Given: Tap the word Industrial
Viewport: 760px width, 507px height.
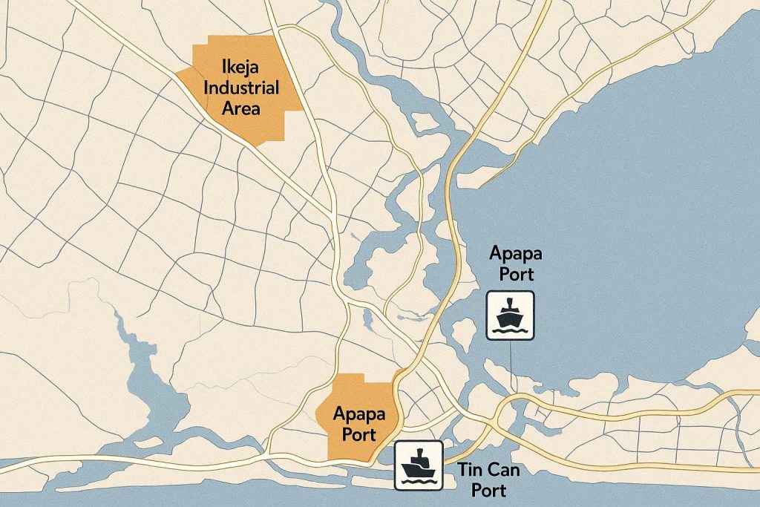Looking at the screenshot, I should (x=241, y=89).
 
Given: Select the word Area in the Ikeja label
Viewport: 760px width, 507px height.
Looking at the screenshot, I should (x=241, y=108).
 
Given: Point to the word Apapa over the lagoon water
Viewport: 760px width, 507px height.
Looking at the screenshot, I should (x=516, y=254).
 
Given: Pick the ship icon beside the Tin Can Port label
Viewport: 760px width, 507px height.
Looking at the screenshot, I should (x=418, y=465).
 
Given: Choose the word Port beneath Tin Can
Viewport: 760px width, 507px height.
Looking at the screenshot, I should (x=488, y=491).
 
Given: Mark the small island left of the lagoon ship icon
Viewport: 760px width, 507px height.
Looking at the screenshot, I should (x=462, y=336).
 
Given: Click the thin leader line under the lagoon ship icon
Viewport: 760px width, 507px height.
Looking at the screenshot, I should (x=511, y=364).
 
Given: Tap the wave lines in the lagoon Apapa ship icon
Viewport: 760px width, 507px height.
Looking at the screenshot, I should (x=510, y=331).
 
